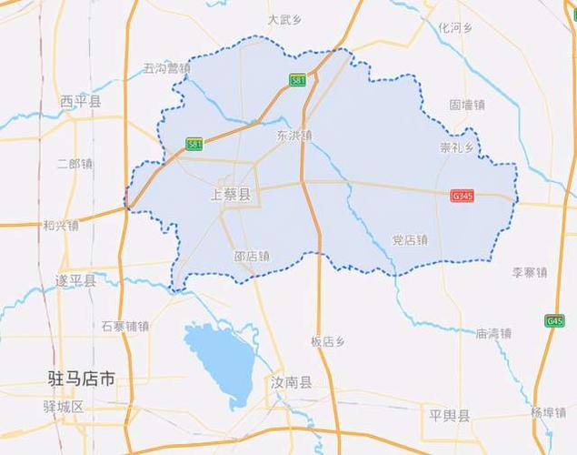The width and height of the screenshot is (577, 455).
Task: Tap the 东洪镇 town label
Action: tap(293, 135)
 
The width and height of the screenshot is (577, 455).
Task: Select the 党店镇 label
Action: tap(409, 239)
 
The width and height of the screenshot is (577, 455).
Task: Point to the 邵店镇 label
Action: tap(252, 257)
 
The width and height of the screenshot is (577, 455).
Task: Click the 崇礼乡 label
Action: tap(458, 147)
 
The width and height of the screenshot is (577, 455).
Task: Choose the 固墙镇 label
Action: tap(467, 105)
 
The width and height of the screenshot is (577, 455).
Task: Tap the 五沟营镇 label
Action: tap(167, 68)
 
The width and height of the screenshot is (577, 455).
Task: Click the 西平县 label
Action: tap(80, 101)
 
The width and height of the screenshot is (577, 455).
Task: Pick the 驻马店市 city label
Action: tap(81, 379)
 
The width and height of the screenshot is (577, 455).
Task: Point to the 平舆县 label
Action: tap(450, 416)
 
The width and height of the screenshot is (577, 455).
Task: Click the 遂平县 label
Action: tap(75, 280)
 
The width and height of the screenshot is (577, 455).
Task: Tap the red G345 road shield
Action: tap(463, 196)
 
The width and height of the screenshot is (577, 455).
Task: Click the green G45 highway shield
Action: tap(554, 320)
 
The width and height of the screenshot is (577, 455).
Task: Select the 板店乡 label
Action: tap(327, 341)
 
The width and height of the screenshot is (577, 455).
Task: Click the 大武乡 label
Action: tap(284, 19)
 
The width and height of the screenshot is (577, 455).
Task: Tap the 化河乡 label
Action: tap(455, 27)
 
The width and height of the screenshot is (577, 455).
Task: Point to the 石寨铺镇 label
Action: tap(125, 325)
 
